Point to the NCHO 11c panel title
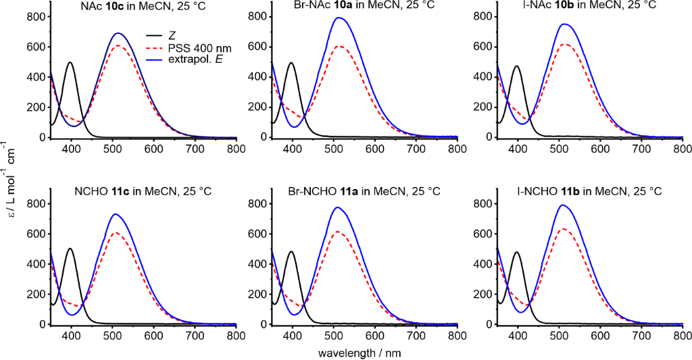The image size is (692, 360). [x=143, y=192]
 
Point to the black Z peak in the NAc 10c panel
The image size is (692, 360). [x=70, y=63]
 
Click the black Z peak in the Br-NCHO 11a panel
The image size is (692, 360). [x=292, y=251]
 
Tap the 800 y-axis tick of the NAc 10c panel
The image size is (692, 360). [x=36, y=16]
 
